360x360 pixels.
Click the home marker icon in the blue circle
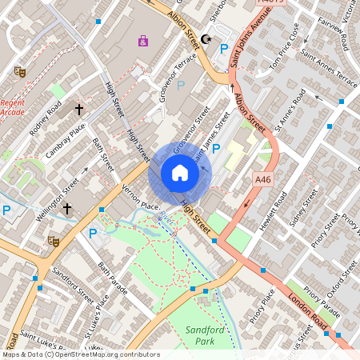coord(180,173)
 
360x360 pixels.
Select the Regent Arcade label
coord(12,107)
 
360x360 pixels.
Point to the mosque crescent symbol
coord(206,38)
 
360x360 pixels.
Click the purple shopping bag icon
coord(143,40)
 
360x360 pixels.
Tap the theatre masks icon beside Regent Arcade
coord(20,71)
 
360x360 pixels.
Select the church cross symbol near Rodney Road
coord(79,108)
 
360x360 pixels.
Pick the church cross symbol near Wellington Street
coord(67,209)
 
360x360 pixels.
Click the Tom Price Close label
coord(283,56)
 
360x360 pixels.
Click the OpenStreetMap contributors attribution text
coord(80,354)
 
